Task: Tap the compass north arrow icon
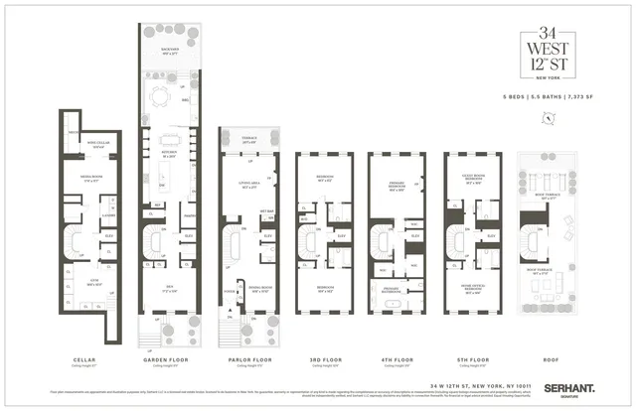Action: tap(547, 117)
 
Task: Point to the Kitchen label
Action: tap(169, 155)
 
